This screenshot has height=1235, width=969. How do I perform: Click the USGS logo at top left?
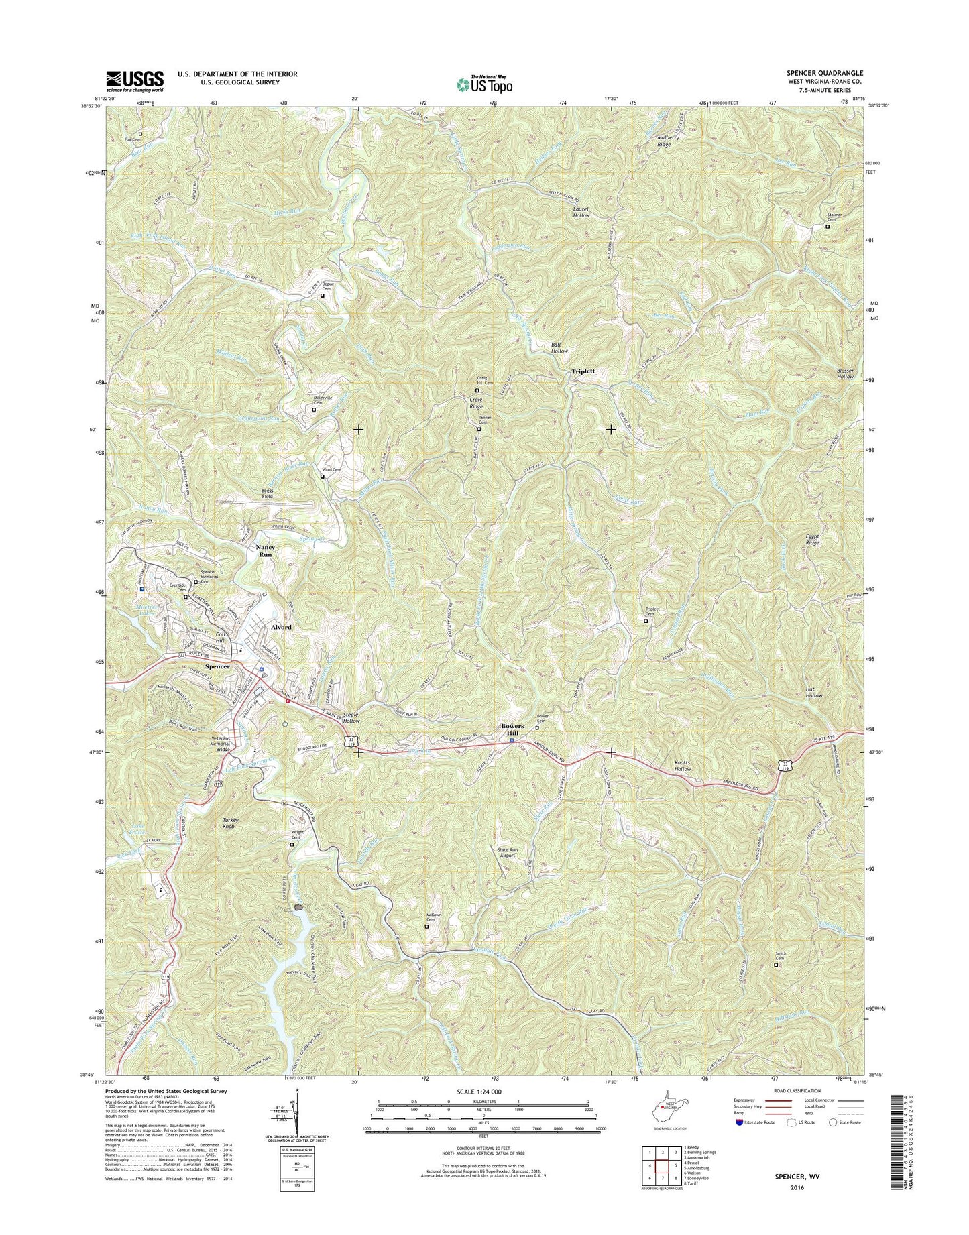pos(134,81)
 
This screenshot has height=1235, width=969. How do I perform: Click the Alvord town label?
pos(280,626)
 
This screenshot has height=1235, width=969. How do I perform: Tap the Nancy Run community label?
pos(266,551)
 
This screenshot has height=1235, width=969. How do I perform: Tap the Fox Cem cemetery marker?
pos(141,134)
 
